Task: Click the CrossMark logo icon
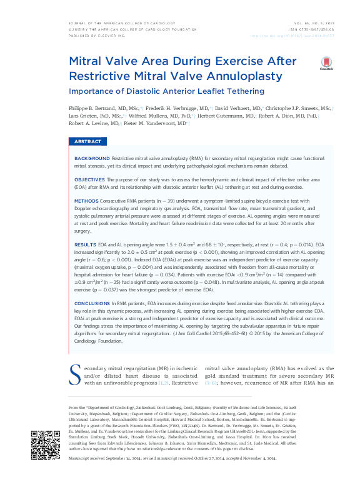tap(326, 63)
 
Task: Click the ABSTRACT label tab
tap(87, 142)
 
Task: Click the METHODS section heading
tap(86, 201)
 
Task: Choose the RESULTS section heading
tap(85, 243)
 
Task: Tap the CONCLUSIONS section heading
tap(94, 302)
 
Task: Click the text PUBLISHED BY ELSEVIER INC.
tap(96, 36)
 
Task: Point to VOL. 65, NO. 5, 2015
tap(314, 23)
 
